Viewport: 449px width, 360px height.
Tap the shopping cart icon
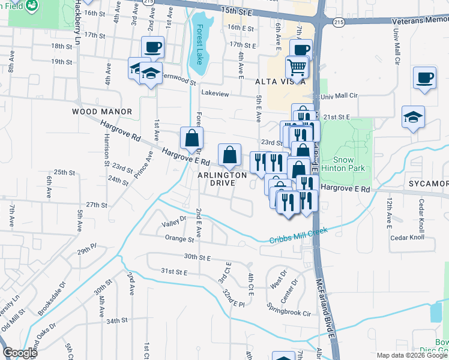[x=297, y=68]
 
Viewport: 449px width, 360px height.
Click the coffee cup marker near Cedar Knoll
[x=424, y=79]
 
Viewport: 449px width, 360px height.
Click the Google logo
[x=19, y=353]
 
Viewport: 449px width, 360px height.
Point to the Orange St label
[x=179, y=238]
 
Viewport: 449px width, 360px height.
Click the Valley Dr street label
[x=174, y=224]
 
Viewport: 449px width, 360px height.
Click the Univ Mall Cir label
[x=339, y=96]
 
